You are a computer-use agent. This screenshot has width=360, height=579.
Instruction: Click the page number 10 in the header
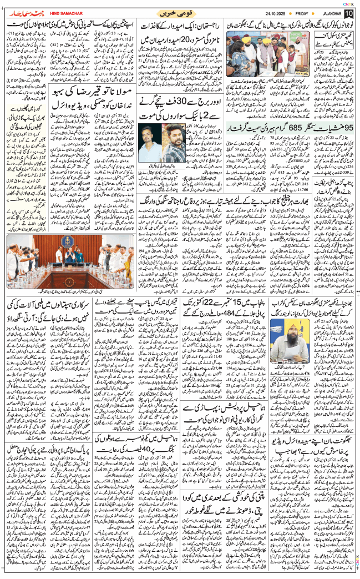348,12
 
